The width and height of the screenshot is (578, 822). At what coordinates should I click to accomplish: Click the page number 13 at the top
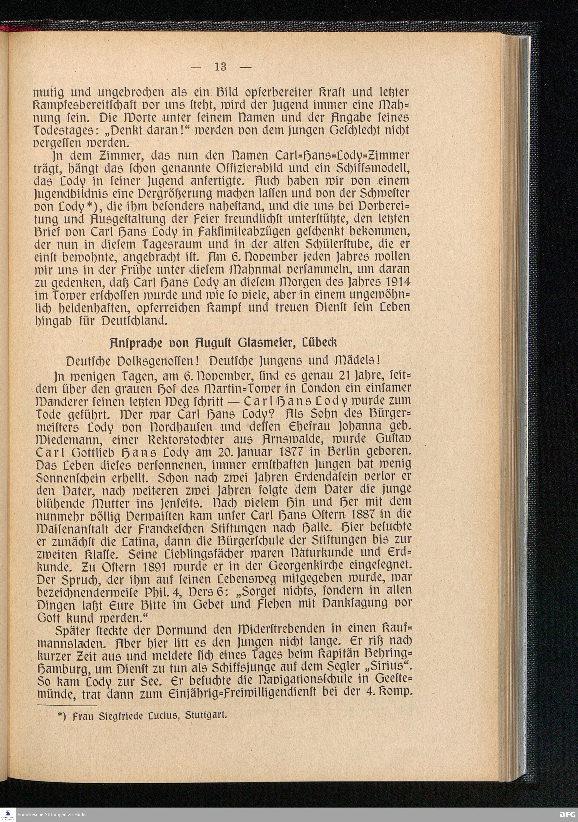coord(221,66)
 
